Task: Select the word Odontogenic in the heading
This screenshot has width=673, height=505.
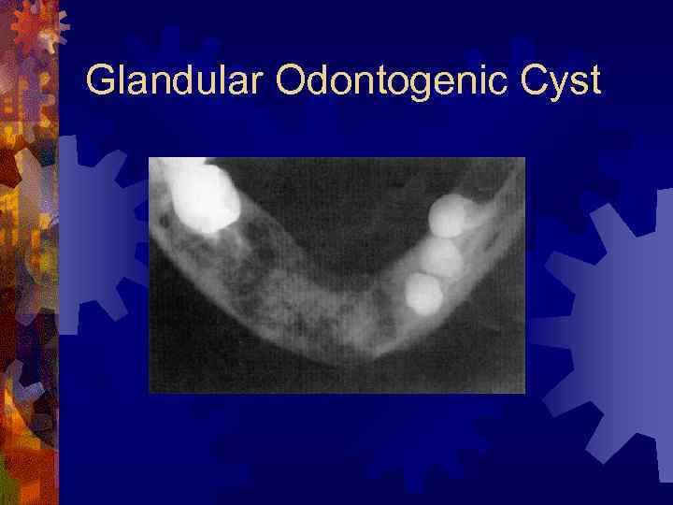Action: click(x=383, y=81)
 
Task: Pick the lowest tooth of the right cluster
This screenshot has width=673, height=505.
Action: click(x=423, y=293)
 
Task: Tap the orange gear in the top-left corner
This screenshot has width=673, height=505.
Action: click(x=37, y=28)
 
